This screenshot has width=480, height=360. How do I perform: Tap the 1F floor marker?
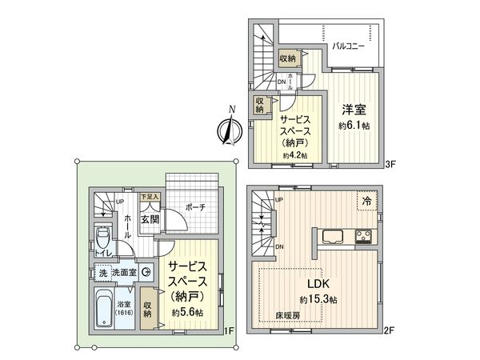point(228,330)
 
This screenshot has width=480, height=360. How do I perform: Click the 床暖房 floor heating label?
point(289,314)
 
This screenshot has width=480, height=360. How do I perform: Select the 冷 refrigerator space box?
point(367,201)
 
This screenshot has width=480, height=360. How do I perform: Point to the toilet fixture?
point(102,238)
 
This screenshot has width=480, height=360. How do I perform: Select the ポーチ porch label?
point(194,207)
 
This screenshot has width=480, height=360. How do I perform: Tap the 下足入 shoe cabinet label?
point(150,195)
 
